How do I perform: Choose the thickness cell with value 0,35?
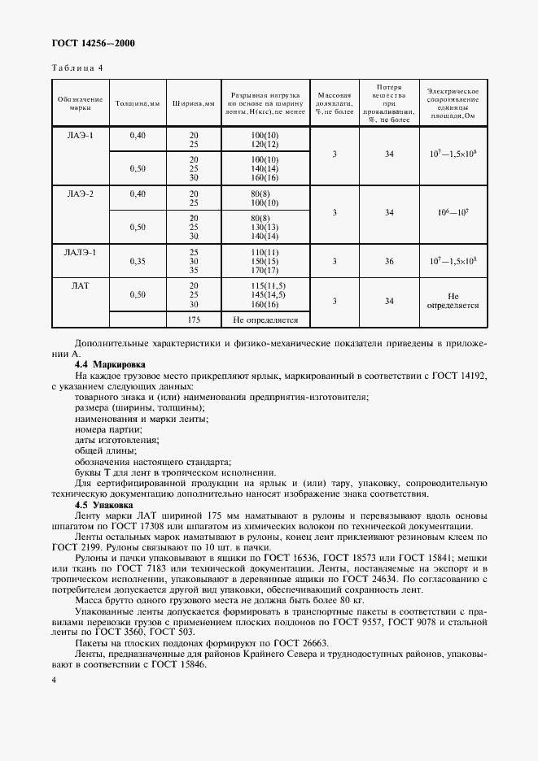tap(137, 262)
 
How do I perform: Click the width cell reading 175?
tap(194, 320)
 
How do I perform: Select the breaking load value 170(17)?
tap(265, 271)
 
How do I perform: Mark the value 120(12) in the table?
tap(265, 144)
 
